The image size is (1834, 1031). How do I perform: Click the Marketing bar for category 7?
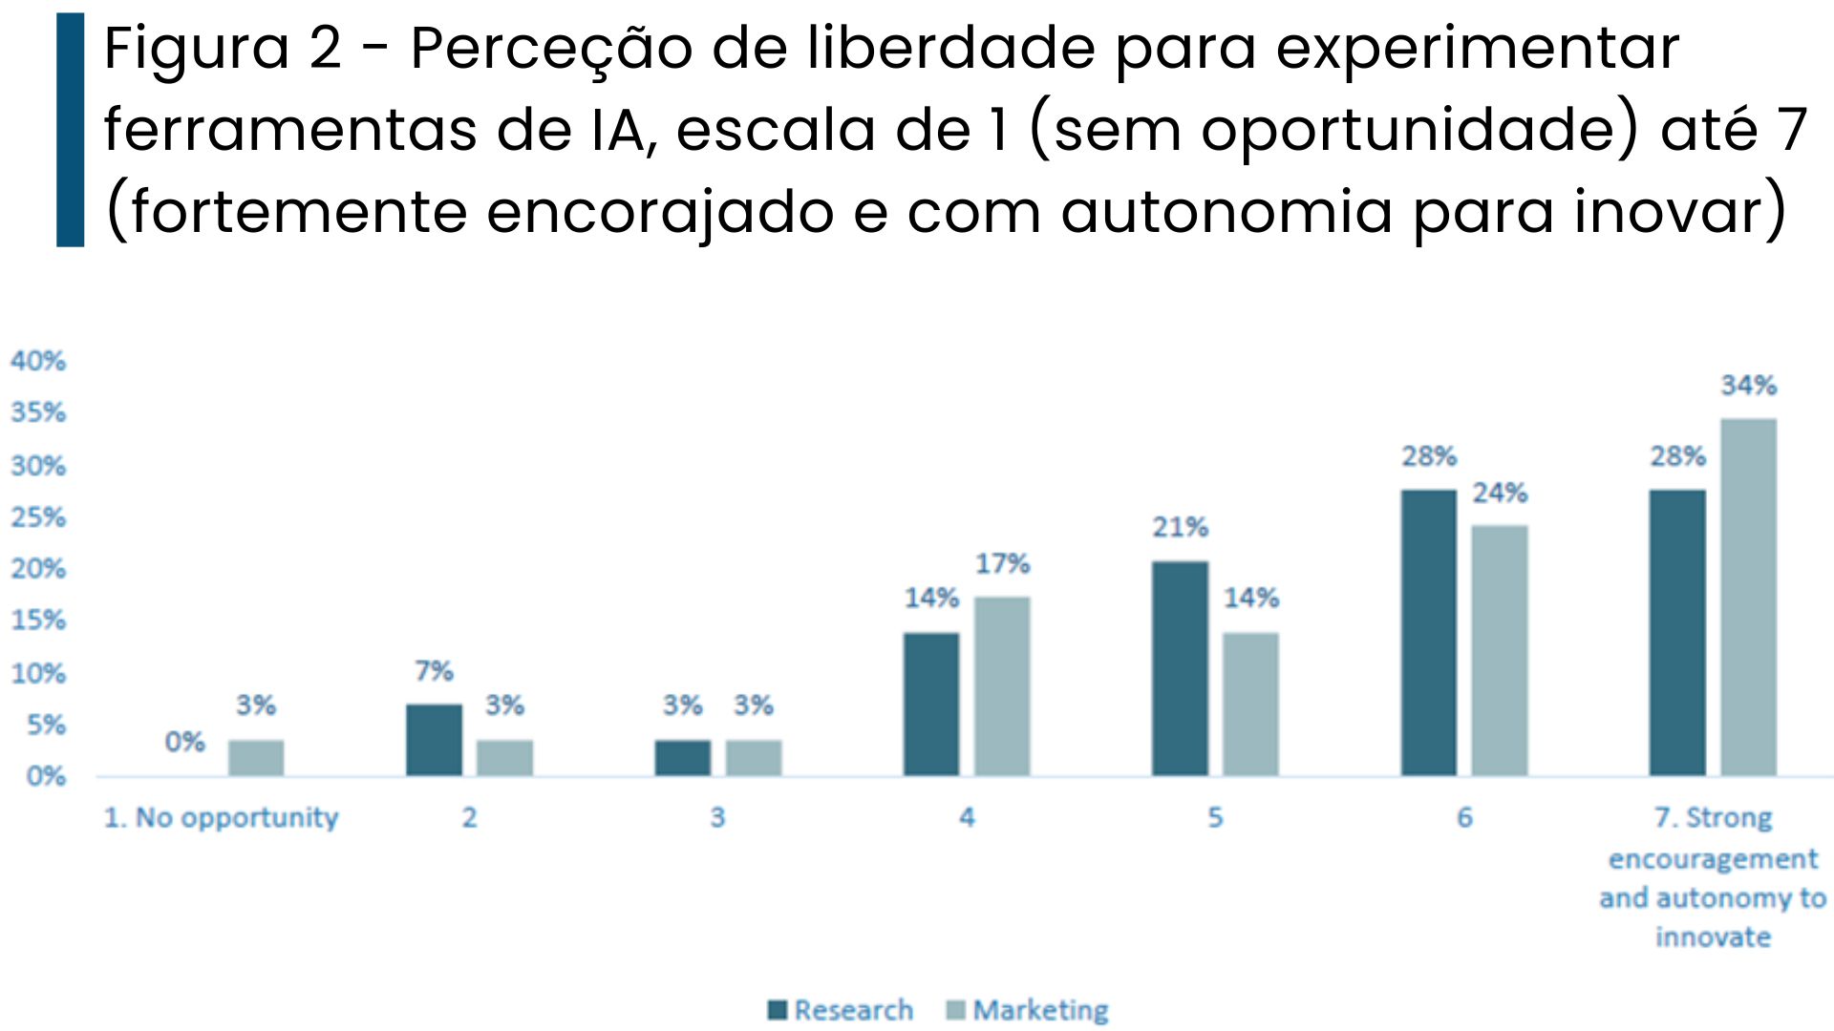1748,597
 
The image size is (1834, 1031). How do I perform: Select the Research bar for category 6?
1428,632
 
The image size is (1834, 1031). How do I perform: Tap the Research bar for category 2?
434,740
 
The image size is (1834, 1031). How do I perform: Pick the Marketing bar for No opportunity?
256,757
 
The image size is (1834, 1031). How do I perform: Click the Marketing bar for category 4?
1002,685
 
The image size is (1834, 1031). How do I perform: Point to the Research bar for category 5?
1180,668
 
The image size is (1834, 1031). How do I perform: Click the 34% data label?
1748,386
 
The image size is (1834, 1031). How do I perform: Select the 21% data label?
1180,527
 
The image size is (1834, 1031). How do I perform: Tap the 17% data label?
1002,564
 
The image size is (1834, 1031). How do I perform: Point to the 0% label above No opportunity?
184,742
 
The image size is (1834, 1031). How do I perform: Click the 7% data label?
434,671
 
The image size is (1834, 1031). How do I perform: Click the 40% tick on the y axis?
38,361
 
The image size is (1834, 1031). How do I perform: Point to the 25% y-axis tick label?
38,517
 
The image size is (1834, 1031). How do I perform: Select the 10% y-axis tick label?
38,673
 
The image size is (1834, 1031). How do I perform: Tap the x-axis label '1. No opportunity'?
221,818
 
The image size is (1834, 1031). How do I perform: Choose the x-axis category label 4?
967,818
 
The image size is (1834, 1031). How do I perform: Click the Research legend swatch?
778,1010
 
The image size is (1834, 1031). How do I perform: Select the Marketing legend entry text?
1040,1010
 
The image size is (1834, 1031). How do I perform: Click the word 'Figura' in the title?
196,50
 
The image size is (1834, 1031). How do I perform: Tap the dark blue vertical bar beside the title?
71,130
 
